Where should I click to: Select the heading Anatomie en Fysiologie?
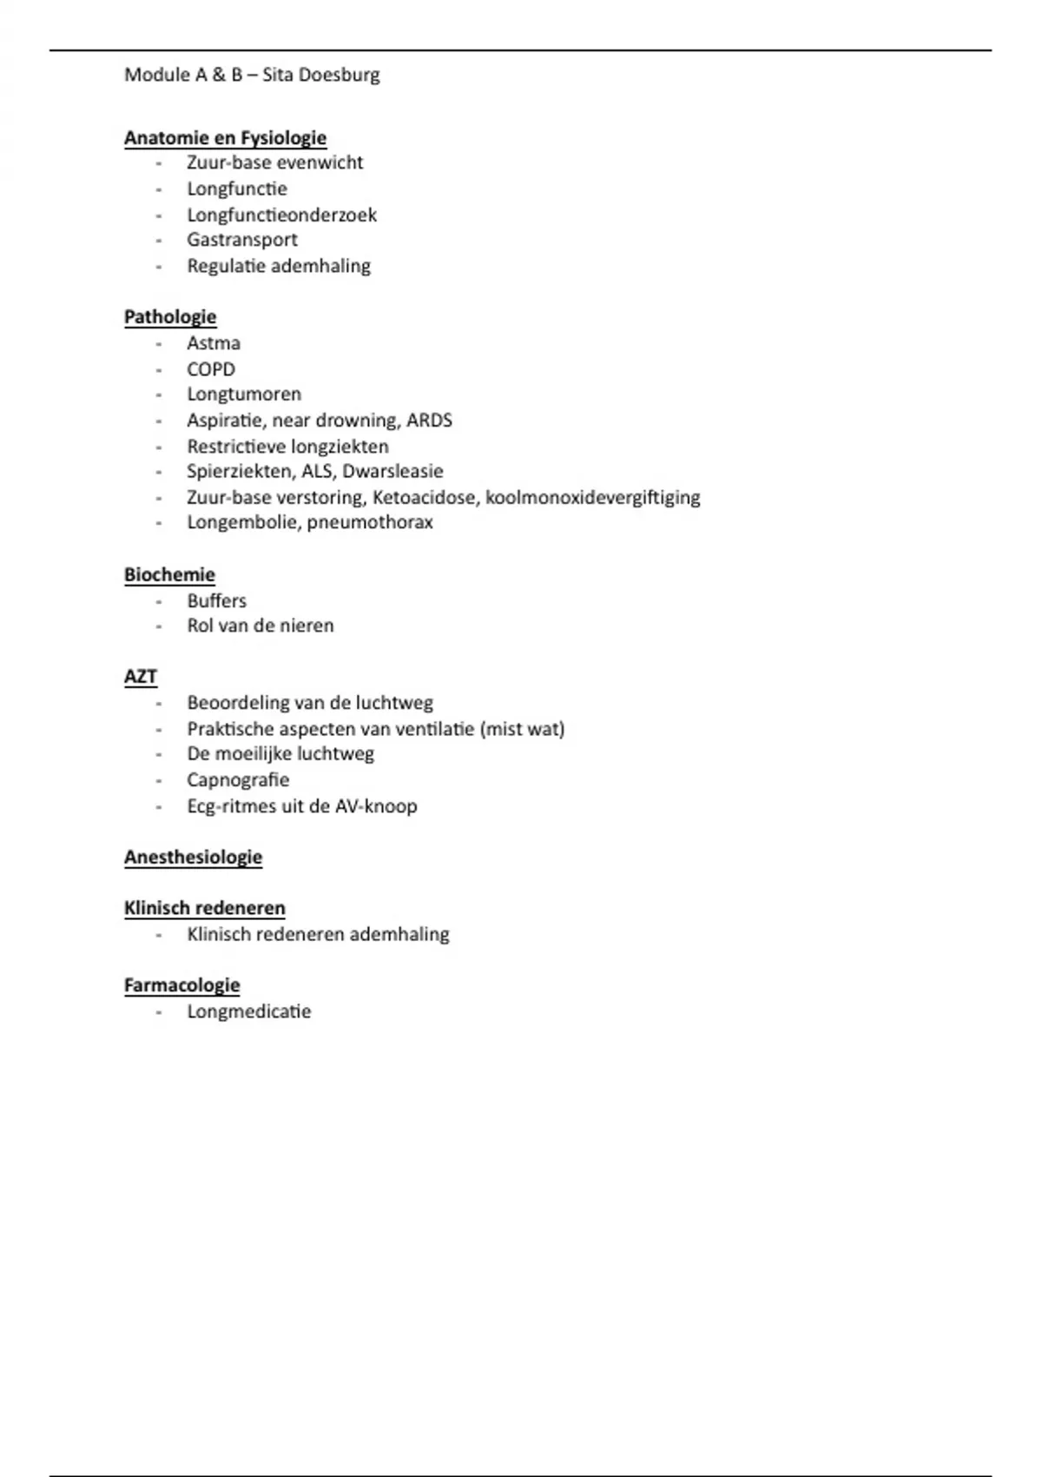click(x=225, y=137)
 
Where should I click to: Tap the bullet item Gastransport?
click(x=242, y=240)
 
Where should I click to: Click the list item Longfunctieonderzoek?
click(x=281, y=215)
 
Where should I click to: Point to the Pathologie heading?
click(x=170, y=317)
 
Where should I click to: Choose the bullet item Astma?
click(x=214, y=343)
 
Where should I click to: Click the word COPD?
click(x=211, y=369)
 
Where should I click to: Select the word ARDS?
click(x=429, y=421)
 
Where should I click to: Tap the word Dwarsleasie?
click(x=392, y=471)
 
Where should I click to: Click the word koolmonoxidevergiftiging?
click(x=592, y=497)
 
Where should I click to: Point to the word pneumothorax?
click(x=370, y=522)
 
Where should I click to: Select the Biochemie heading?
click(x=169, y=574)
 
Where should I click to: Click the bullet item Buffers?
click(x=217, y=600)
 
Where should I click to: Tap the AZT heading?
click(x=141, y=677)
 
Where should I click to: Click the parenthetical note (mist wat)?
click(x=522, y=729)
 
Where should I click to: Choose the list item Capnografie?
click(x=238, y=779)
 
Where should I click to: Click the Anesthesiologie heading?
click(x=193, y=857)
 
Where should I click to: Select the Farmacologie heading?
click(x=181, y=985)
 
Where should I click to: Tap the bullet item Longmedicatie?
click(x=249, y=1011)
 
